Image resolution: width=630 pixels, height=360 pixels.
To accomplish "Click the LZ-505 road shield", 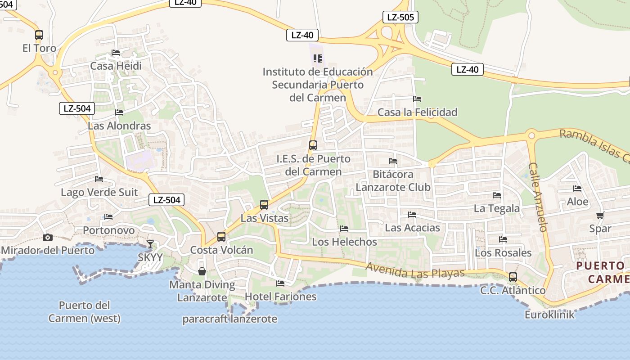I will tap(400, 17).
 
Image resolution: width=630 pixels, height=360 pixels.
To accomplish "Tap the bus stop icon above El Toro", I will tap(39, 35).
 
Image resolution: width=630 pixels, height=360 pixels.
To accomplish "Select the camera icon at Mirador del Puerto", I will tap(47, 237).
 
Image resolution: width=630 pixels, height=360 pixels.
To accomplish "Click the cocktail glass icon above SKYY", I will tap(150, 244).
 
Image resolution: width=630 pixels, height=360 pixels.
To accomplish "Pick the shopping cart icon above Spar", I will tap(600, 215).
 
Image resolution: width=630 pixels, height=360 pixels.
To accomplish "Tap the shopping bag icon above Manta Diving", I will tap(202, 271).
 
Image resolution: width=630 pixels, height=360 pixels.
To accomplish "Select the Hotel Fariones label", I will tap(280, 297).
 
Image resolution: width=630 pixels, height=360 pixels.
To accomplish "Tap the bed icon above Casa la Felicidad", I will tap(417, 99).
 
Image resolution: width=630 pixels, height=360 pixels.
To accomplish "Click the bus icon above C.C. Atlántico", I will tap(513, 277).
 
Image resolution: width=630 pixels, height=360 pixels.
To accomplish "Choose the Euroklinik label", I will tap(549, 315).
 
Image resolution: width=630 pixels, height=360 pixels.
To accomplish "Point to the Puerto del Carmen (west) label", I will tap(84, 312).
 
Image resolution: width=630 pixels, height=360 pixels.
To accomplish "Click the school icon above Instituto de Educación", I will tap(318, 58).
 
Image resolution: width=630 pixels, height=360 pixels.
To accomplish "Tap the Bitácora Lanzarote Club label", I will tap(393, 180).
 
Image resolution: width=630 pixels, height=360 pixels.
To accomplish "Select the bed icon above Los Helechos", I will tap(344, 229).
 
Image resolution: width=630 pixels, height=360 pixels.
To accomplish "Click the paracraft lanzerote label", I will tap(229, 319).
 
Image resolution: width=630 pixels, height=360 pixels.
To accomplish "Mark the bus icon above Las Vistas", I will tap(264, 205).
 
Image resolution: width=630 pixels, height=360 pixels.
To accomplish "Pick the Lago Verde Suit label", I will tap(99, 193).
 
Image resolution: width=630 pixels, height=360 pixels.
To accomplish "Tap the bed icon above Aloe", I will tap(577, 189).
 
